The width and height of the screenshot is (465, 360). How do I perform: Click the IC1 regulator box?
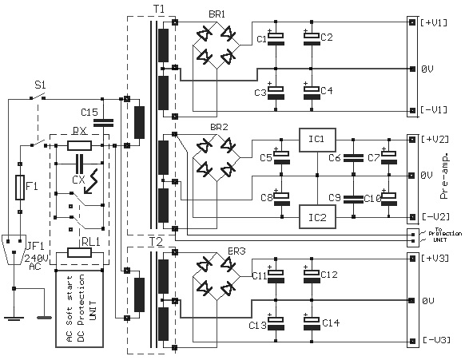click(317, 139)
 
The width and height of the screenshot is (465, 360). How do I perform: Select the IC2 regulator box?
click(317, 215)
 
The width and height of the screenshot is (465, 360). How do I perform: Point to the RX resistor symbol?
click(79, 145)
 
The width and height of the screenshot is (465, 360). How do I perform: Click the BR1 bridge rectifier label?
click(218, 14)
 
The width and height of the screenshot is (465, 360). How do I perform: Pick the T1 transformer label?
click(158, 7)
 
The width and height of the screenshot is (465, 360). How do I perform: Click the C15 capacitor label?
click(89, 111)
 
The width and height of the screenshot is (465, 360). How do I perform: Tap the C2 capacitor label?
click(326, 37)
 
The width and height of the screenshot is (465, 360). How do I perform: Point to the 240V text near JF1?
click(36, 259)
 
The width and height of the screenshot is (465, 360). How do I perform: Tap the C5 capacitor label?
click(266, 158)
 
